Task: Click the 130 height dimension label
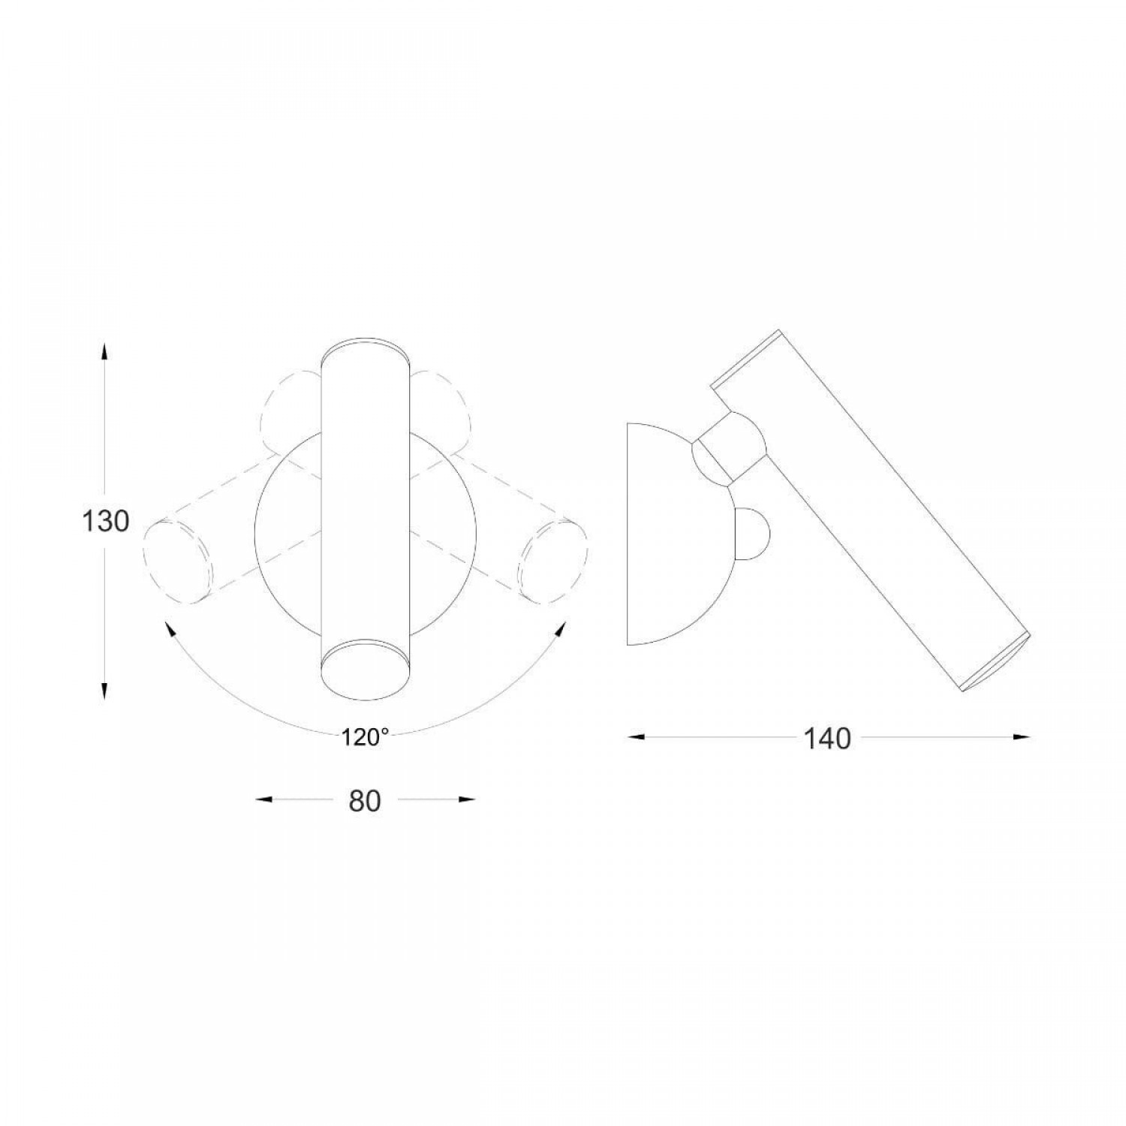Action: tap(105, 520)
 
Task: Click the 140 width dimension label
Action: tap(828, 739)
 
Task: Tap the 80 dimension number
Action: tap(365, 801)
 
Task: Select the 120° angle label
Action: tap(365, 738)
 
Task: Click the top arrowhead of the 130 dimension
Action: tap(104, 351)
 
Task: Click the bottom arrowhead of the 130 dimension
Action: tap(104, 690)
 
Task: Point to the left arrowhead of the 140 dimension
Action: tap(637, 737)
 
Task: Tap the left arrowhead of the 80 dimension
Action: tap(263, 800)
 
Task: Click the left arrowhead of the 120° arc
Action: tap(170, 629)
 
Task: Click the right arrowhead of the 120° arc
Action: tap(560, 629)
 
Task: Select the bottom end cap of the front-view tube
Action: tap(365, 668)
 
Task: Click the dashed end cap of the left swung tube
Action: tap(178, 562)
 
